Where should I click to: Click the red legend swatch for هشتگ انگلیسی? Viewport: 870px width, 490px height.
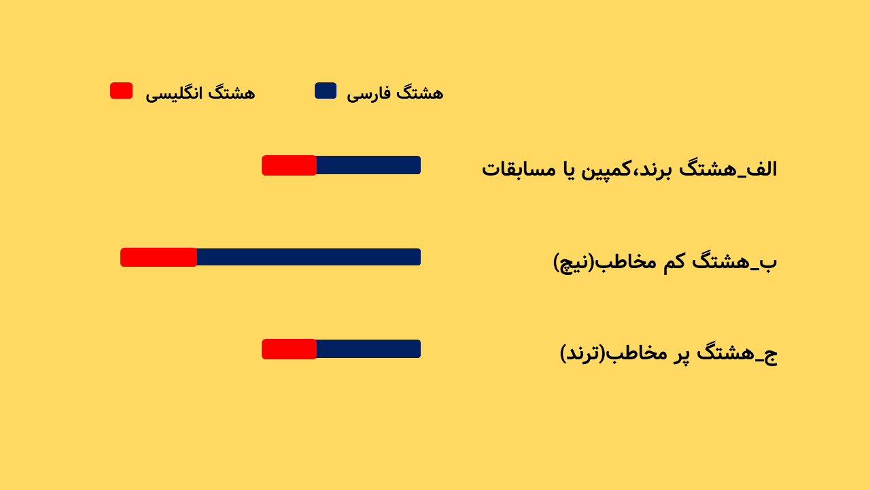pyautogui.click(x=121, y=91)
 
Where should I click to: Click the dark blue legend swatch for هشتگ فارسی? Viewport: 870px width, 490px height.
pyautogui.click(x=326, y=91)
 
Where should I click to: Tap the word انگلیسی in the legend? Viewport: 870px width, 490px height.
pyautogui.click(x=173, y=94)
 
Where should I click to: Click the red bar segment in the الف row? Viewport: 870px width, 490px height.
pyautogui.click(x=289, y=165)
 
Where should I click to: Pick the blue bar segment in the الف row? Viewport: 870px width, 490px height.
pyautogui.click(x=368, y=165)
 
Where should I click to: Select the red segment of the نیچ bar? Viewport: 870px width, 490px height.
pyautogui.click(x=158, y=257)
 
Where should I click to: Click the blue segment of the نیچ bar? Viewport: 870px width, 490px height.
pyautogui.click(x=309, y=257)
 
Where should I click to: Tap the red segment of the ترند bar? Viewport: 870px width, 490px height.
pyautogui.click(x=289, y=349)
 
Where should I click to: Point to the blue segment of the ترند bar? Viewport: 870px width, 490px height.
pyautogui.click(x=368, y=349)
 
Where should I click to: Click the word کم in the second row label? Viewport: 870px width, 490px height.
pyautogui.click(x=675, y=261)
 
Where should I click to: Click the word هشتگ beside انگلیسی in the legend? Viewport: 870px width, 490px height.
pyautogui.click(x=232, y=93)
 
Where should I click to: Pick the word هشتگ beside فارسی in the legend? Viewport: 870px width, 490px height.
pyautogui.click(x=420, y=93)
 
